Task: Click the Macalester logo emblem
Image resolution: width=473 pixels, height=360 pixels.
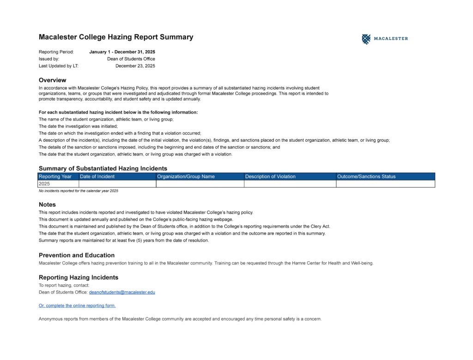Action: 366,39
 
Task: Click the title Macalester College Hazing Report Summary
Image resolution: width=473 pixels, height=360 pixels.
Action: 116,37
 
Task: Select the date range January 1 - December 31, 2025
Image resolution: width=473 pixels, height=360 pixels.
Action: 122,52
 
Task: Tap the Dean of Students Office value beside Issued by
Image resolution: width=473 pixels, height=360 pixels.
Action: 131,59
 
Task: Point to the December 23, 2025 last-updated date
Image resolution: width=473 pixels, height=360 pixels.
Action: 135,66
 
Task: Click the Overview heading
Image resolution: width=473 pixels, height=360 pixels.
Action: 52,80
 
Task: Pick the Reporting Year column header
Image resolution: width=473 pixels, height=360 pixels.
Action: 55,176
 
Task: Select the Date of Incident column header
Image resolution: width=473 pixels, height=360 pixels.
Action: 97,176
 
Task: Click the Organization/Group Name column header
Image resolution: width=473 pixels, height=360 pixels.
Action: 186,176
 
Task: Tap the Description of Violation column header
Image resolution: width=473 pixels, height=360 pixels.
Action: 270,176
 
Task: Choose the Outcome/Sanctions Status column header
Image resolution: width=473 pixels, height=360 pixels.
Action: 366,176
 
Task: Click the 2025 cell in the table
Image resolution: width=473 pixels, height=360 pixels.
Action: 44,184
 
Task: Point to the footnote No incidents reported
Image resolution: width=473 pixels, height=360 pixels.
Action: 79,191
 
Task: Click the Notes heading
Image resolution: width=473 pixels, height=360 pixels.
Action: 47,204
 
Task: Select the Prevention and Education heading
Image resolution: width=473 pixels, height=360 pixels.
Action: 77,255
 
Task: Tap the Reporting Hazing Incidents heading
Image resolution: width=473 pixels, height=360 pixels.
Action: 79,277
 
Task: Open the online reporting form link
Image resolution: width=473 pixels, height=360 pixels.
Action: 77,306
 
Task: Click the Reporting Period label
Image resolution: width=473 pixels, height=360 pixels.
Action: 56,52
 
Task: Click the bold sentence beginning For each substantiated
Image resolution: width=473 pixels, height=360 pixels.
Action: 118,112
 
